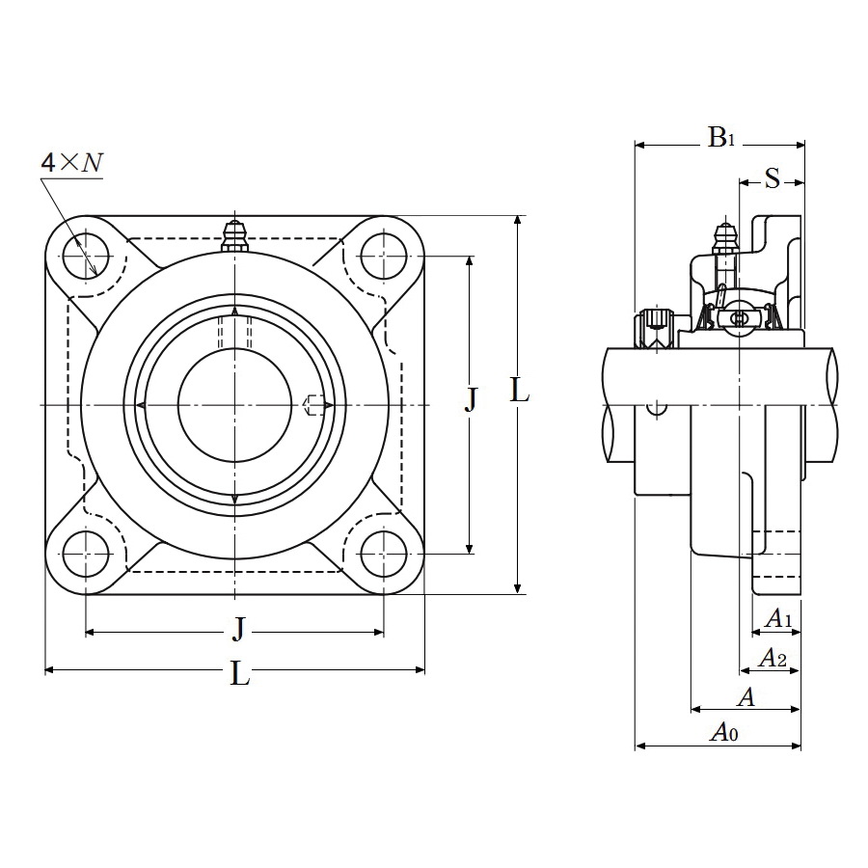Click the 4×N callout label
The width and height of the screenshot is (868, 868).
tap(72, 163)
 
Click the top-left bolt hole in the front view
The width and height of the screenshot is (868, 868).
tap(86, 257)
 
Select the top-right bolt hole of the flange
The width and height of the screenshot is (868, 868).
tap(384, 257)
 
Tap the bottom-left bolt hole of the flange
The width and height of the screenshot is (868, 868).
tap(86, 554)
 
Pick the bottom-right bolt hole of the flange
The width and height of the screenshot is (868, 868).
tap(384, 554)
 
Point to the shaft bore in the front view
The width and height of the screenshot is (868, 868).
tap(234, 405)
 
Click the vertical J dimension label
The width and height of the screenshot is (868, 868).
tap(471, 399)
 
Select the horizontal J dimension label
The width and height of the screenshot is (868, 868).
tap(238, 630)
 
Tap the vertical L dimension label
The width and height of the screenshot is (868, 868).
tap(519, 392)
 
